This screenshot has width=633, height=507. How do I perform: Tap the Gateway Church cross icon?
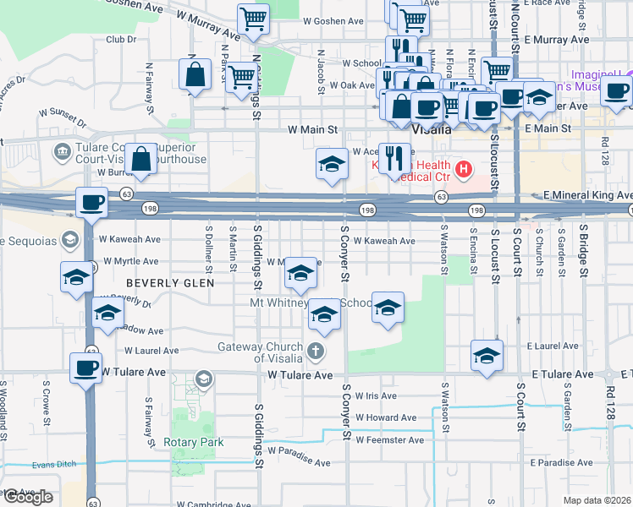315,350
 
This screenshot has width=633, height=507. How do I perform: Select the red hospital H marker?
463,170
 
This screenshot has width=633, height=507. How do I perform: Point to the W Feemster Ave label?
389,440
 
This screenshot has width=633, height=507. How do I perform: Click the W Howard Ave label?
386,417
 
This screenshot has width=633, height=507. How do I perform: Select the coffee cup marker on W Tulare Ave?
85,368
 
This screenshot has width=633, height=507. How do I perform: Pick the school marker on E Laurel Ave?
487,354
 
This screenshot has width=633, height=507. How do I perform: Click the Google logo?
27,497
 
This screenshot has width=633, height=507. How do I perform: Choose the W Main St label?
312,130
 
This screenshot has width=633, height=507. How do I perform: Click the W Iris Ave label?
376,395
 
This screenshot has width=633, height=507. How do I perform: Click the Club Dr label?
121,39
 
